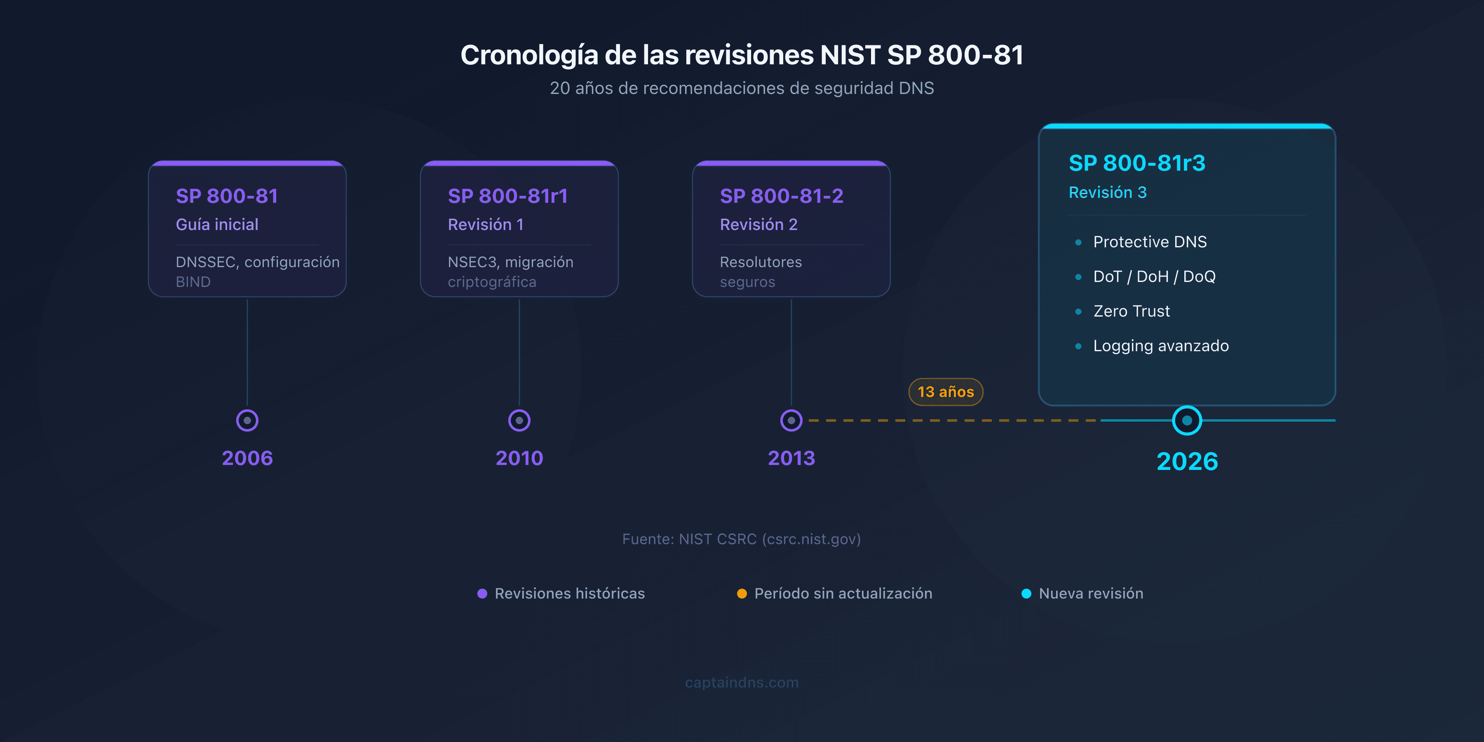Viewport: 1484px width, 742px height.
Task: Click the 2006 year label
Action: click(x=247, y=458)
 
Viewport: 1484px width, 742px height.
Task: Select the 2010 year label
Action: click(x=519, y=458)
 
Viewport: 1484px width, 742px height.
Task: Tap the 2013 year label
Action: click(x=791, y=458)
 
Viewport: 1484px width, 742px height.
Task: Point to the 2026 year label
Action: click(x=1187, y=461)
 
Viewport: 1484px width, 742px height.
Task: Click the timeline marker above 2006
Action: click(x=247, y=420)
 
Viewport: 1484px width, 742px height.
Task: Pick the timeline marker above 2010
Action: click(x=519, y=420)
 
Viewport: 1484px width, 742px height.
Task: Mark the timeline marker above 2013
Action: click(x=791, y=420)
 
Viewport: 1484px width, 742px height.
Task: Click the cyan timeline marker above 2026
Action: click(x=1187, y=420)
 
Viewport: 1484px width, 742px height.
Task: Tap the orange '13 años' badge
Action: click(x=945, y=392)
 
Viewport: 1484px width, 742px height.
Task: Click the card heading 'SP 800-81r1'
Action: click(x=507, y=196)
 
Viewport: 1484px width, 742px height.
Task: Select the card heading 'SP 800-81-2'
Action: click(x=781, y=196)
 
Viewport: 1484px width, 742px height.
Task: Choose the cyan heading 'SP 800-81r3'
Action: click(x=1136, y=163)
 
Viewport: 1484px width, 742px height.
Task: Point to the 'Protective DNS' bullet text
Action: click(x=1149, y=242)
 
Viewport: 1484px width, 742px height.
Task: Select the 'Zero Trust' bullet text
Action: click(x=1132, y=311)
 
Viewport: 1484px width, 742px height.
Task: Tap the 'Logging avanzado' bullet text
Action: click(x=1161, y=346)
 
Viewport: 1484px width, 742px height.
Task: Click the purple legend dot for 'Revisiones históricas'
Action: click(x=482, y=593)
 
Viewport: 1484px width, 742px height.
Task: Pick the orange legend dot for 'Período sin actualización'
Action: click(x=742, y=593)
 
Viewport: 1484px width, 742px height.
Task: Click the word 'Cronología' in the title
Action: click(x=529, y=56)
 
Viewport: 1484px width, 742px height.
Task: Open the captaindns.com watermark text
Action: click(x=742, y=682)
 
